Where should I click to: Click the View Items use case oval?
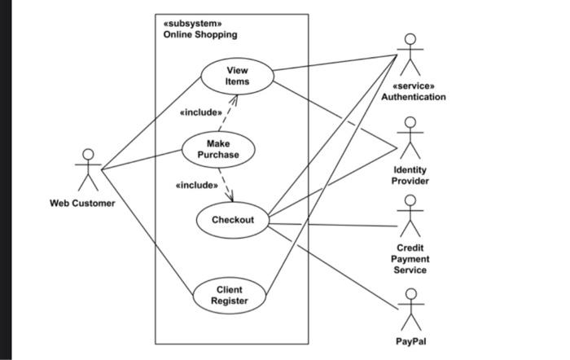(237, 76)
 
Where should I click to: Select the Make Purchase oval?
(217, 149)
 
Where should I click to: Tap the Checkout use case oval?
(233, 220)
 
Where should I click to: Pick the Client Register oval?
(229, 296)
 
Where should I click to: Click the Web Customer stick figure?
(88, 169)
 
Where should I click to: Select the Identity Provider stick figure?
(410, 138)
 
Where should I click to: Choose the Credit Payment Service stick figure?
(410, 216)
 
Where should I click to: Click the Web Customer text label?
(83, 203)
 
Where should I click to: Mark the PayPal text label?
(411, 341)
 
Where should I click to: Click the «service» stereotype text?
(414, 86)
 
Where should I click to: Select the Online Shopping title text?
(200, 34)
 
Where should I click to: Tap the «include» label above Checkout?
(196, 185)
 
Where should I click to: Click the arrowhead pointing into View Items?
(235, 98)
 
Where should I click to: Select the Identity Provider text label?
(410, 175)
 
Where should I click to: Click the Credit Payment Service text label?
(410, 258)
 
